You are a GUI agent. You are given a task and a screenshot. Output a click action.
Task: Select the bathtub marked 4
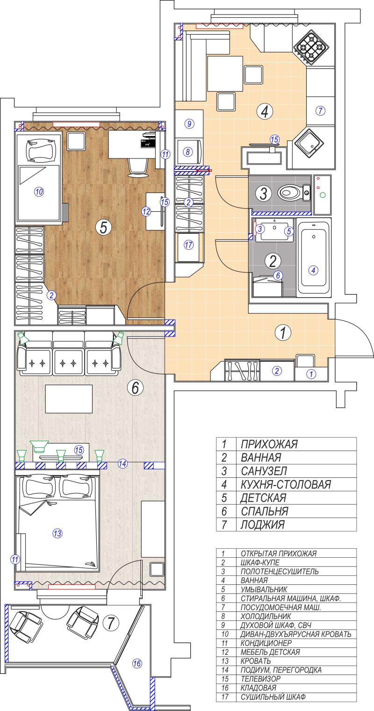point(313,258)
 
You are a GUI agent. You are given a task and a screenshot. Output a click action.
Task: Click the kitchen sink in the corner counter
point(308,144)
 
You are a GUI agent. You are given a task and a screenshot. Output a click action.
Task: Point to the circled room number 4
point(265,111)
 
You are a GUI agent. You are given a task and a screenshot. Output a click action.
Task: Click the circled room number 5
point(102,227)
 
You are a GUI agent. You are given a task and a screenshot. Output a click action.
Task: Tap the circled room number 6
point(135,387)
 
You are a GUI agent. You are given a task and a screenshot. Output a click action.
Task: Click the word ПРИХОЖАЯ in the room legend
point(269,444)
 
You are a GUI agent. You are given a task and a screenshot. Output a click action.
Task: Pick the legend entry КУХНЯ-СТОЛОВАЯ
point(286,484)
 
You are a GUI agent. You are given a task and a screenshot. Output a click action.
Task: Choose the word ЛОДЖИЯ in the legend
point(262,524)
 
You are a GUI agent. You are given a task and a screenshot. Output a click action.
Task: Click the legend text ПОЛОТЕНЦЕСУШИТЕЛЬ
point(280,571)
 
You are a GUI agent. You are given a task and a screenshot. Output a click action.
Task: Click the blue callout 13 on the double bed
point(58,533)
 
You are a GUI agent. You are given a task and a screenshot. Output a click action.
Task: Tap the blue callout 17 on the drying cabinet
point(188,245)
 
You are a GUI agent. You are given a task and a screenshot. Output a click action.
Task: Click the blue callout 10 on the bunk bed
point(39,192)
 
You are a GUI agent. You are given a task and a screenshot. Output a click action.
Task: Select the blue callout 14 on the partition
point(122,464)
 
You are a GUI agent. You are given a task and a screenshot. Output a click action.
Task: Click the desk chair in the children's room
point(138,167)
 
